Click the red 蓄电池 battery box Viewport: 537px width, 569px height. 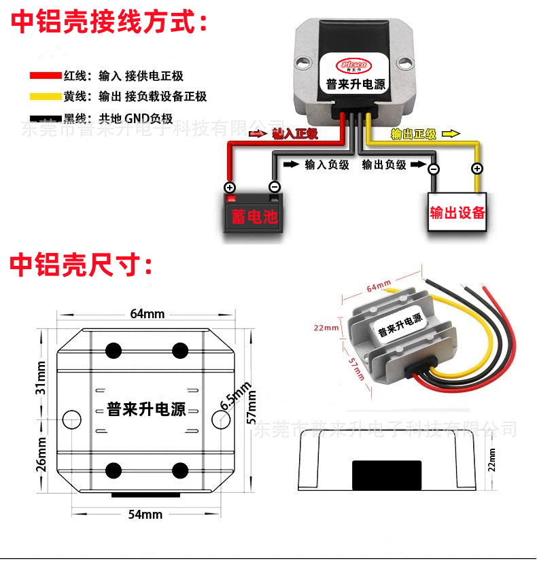[254, 215]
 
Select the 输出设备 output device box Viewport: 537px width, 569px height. [457, 212]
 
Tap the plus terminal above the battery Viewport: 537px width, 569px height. [230, 188]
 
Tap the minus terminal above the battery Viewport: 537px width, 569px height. [275, 187]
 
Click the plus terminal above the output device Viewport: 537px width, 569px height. [478, 169]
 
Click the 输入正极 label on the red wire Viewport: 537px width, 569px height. [294, 134]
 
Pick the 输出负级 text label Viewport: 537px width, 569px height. [384, 165]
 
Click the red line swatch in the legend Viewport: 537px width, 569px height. [45, 76]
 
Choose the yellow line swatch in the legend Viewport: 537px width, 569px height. [45, 97]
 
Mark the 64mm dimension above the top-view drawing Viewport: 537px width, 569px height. [147, 313]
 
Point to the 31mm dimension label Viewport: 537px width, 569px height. [41, 378]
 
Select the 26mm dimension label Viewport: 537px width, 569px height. [41, 453]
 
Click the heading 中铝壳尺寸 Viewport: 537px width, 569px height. [82, 265]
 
